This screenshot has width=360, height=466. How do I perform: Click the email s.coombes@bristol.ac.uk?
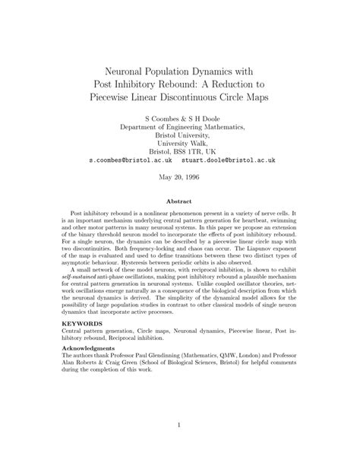coord(131,160)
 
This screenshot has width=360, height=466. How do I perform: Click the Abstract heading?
coord(180,203)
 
